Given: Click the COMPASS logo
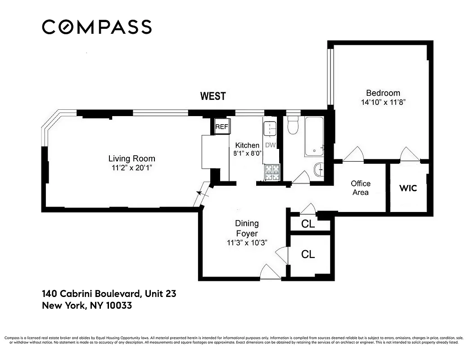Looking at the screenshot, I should point(97,27).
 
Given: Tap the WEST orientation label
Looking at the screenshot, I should point(213,96).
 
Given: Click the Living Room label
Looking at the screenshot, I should point(131,158).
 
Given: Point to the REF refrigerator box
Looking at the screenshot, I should point(222,127).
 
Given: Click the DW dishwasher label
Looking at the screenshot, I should point(270,145).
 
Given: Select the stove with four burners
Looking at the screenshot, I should point(271,172).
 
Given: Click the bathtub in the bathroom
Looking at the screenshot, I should point(314,136).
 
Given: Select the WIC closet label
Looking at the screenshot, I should point(408,188).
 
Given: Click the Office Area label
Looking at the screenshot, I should point(361,188).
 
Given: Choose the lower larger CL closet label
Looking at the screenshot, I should point(308,254).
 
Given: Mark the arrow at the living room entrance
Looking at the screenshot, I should point(199,194).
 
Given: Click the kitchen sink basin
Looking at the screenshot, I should point(270,130).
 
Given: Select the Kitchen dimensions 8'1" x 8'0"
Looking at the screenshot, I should point(247,153).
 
